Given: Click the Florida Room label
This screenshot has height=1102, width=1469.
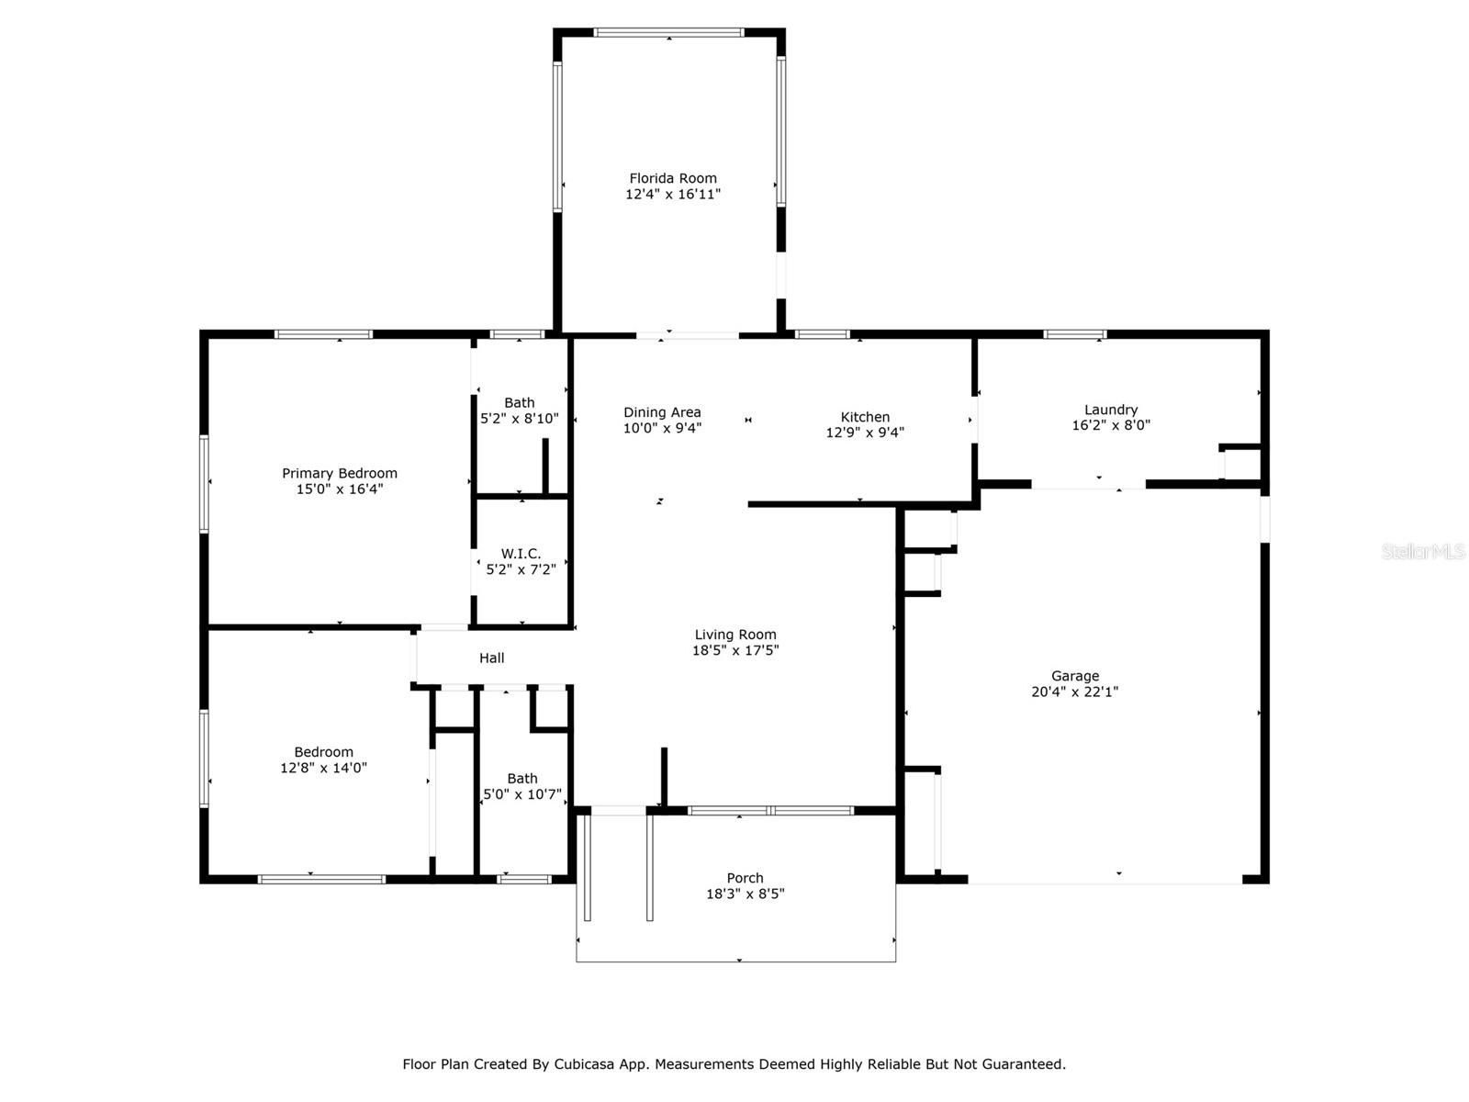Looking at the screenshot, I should [672, 178].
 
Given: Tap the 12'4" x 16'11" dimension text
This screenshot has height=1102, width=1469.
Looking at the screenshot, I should [672, 195].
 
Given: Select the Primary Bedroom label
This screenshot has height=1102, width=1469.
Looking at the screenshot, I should [339, 474].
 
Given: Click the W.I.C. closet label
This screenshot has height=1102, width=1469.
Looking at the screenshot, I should [521, 554].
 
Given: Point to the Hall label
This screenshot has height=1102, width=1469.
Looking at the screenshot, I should [491, 658].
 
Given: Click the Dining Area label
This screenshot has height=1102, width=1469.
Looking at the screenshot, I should [662, 412].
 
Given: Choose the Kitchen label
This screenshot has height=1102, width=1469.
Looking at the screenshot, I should [865, 417].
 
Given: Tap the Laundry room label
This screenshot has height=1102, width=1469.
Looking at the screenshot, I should [1110, 410].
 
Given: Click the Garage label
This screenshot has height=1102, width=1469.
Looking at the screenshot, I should [1074, 676].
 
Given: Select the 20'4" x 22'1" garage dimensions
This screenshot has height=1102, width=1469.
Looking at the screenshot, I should [1074, 692].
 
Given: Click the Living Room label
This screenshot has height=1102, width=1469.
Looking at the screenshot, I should [734, 635].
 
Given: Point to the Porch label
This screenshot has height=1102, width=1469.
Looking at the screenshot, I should [745, 878].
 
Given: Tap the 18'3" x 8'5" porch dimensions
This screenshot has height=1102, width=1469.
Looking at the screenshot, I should [745, 894].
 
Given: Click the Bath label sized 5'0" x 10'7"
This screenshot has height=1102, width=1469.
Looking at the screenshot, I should [521, 779].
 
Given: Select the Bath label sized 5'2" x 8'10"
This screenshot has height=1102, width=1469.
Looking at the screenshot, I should [519, 402].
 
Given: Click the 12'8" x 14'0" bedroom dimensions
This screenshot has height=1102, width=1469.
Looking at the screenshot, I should [323, 768].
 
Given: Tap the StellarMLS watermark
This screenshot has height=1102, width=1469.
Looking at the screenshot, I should [1422, 552].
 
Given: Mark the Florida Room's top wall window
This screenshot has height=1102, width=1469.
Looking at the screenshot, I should [668, 32].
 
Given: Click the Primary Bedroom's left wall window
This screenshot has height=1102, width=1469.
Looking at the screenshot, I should [205, 483].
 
